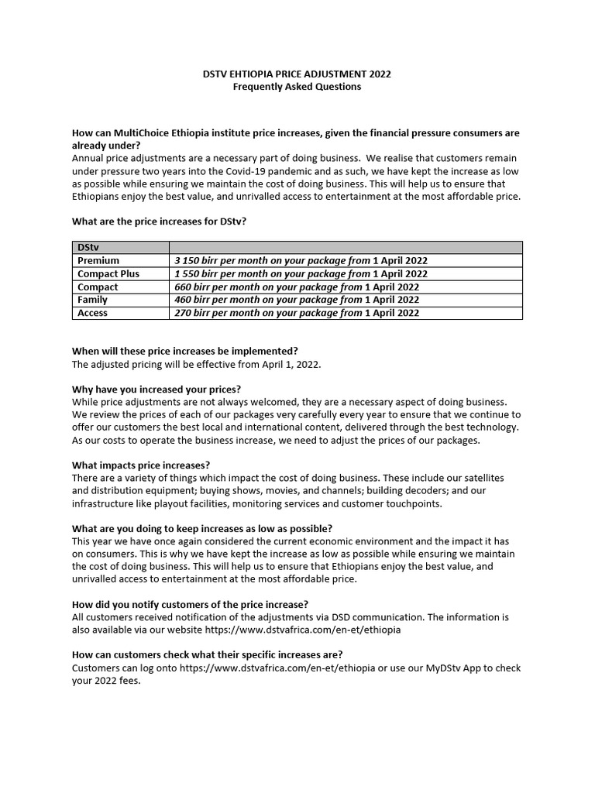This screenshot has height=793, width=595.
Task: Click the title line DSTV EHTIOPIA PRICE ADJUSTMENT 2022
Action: [297, 74]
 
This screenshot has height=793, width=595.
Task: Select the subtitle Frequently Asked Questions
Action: [297, 87]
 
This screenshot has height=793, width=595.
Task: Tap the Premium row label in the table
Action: [98, 261]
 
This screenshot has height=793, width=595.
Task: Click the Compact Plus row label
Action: [108, 274]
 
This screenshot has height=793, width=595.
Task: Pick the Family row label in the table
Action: [93, 300]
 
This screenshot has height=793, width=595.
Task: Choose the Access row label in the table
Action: [93, 313]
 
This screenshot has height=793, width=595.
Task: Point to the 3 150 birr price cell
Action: [301, 261]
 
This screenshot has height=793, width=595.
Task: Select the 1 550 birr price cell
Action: [301, 274]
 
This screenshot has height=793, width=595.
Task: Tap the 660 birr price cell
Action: [297, 287]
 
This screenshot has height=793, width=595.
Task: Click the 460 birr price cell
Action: [297, 300]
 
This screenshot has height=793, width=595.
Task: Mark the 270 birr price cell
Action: [297, 313]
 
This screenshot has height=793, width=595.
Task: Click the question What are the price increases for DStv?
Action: [160, 221]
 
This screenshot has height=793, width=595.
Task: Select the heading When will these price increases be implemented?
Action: [184, 350]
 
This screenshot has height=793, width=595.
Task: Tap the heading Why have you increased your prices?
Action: [156, 389]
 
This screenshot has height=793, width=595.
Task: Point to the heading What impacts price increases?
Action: [141, 465]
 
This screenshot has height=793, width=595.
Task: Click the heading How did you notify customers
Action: [190, 604]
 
